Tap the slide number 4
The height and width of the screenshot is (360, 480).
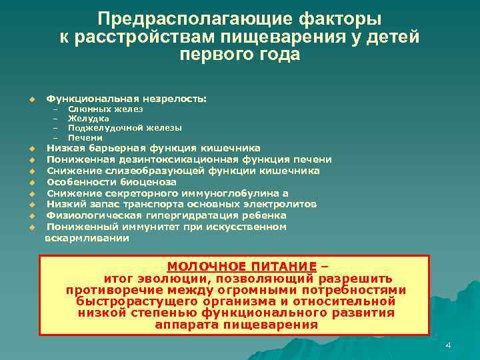(448, 345)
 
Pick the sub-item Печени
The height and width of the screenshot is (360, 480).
(85, 137)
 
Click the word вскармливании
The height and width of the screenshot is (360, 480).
(87, 237)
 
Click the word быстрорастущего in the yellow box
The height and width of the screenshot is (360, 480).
(126, 301)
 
